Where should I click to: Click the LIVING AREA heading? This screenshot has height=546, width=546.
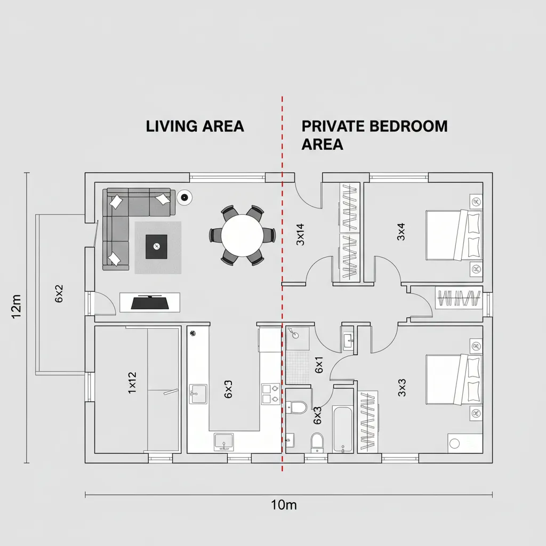(195, 126)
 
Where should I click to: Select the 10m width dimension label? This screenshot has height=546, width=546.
(283, 505)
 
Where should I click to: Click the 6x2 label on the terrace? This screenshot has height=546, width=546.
(59, 294)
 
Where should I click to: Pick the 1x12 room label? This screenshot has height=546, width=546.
(132, 382)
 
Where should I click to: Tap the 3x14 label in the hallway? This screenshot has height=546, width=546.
(300, 234)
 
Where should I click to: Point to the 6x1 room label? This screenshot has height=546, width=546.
(319, 365)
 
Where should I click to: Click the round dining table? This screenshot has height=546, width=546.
(242, 235)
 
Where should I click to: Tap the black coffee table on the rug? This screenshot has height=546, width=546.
(156, 246)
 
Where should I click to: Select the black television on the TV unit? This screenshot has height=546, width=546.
(150, 302)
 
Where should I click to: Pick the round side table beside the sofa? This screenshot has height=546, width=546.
(184, 197)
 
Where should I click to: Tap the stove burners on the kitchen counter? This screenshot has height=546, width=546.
(269, 394)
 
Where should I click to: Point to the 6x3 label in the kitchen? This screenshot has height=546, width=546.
(228, 390)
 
